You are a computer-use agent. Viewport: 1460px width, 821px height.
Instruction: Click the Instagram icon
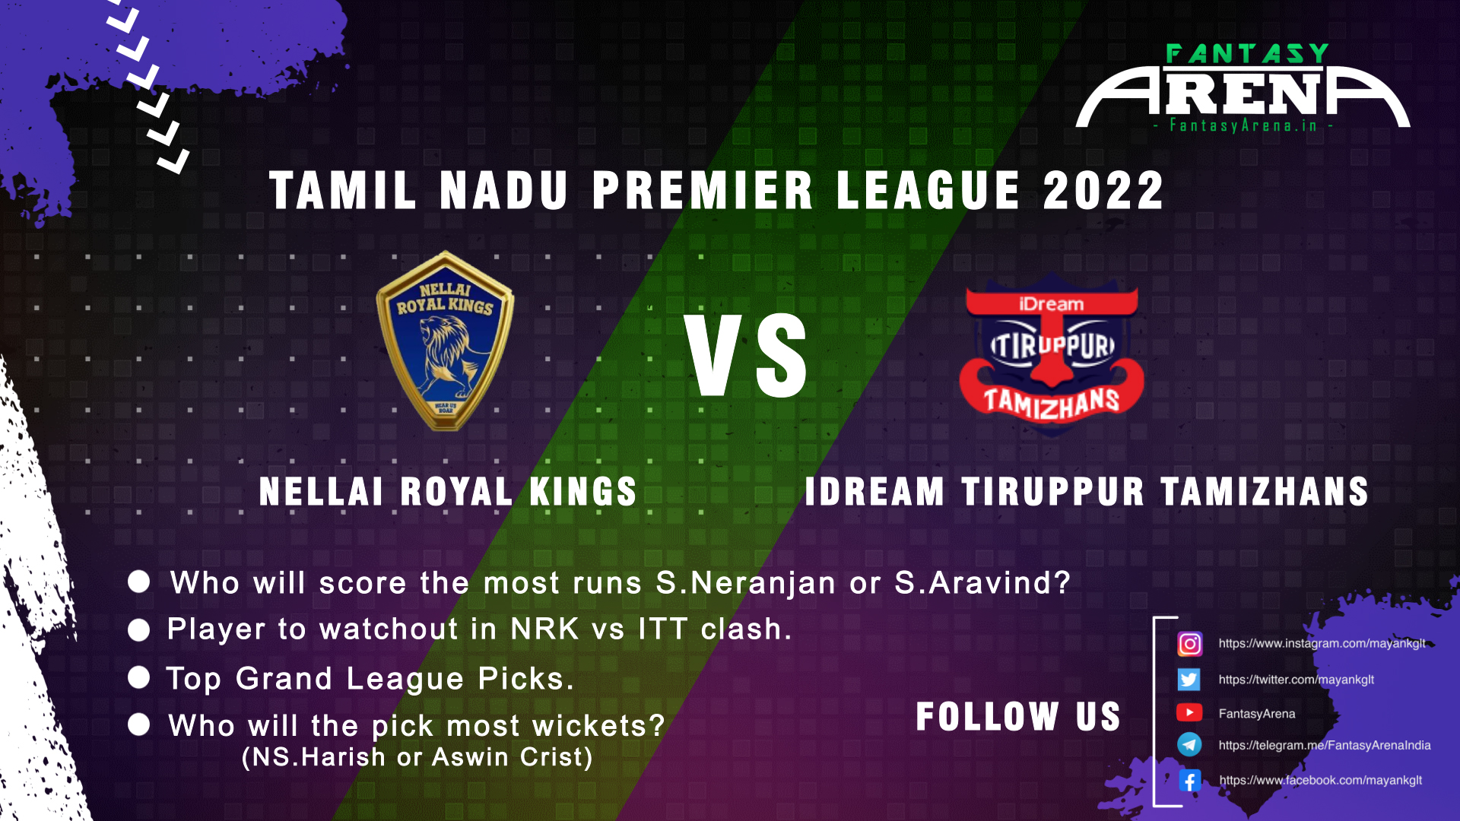[1189, 644]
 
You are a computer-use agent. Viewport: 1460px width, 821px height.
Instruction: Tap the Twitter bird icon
[1189, 679]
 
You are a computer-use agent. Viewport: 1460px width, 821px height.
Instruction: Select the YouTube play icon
[1189, 712]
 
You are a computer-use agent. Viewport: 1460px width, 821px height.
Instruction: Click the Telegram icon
[1189, 744]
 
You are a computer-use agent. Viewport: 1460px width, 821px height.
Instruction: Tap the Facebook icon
[1189, 780]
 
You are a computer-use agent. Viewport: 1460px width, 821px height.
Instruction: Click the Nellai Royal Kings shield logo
[446, 341]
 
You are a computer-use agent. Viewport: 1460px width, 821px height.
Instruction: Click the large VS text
[746, 356]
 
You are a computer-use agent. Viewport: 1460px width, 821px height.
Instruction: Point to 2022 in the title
[1103, 190]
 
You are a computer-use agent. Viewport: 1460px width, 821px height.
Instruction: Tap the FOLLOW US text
[1018, 716]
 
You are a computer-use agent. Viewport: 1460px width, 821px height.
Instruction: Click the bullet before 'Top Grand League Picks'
[139, 677]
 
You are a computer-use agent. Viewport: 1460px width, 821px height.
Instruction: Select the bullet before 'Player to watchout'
[139, 630]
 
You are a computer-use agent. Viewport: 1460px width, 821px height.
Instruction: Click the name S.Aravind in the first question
[982, 583]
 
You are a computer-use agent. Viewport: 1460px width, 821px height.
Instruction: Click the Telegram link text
[1325, 745]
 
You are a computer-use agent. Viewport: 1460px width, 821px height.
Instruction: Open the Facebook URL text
[1321, 780]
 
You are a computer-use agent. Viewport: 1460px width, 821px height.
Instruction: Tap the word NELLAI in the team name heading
[321, 491]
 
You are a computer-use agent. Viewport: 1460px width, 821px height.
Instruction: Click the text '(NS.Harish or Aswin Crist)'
[417, 757]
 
